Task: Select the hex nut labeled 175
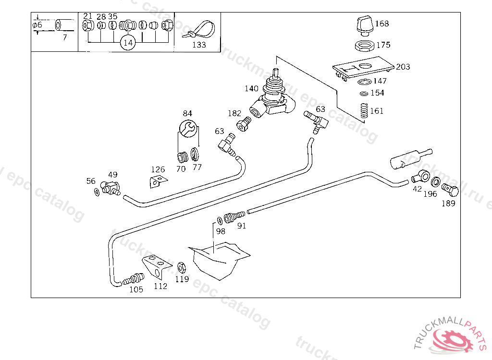coord(365,47)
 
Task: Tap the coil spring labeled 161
coord(364,112)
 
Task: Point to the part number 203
coord(403,67)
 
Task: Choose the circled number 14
coord(127,43)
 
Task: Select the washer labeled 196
coord(435,182)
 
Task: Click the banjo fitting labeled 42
coord(421,176)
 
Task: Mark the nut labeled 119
coord(182,266)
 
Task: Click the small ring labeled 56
coord(97,192)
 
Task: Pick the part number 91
coord(241,226)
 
